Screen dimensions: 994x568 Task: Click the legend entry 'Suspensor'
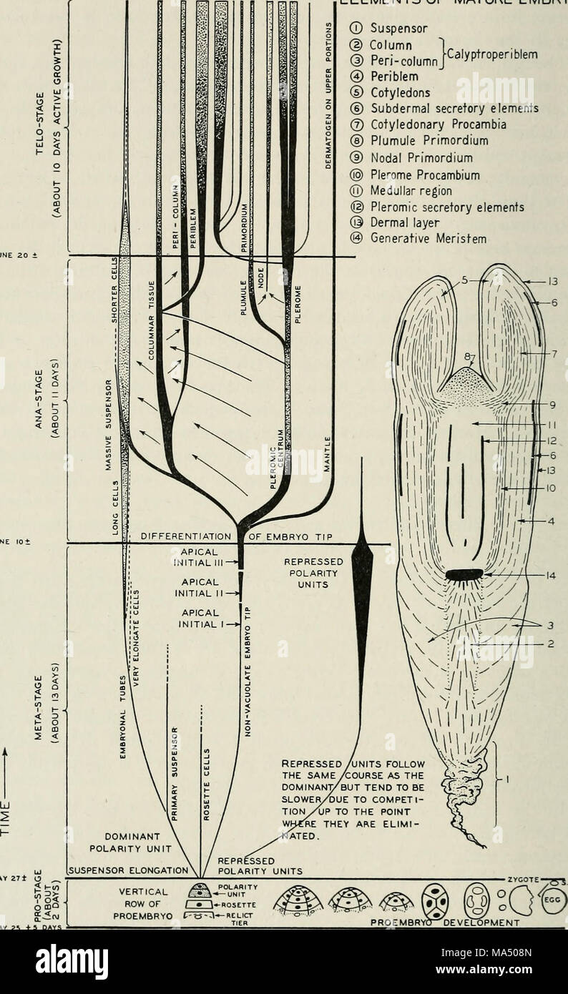[398, 29]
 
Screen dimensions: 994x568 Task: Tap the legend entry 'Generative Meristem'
[429, 240]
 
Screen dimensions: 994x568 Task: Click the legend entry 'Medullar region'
[411, 191]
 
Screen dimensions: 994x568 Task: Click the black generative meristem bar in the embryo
[464, 574]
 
